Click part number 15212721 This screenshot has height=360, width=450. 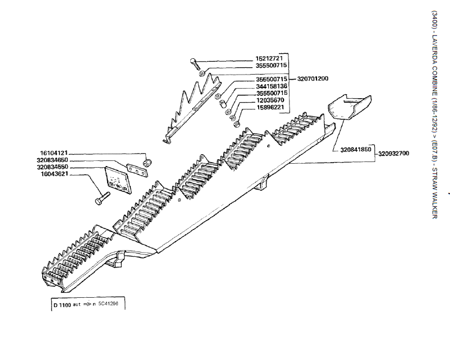click(x=272, y=58)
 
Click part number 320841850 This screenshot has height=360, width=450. click(x=356, y=150)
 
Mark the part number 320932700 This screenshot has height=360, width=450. click(x=393, y=154)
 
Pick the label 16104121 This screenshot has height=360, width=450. click(x=53, y=153)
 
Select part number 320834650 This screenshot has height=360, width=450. click(x=53, y=160)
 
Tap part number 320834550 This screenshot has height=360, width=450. click(x=53, y=167)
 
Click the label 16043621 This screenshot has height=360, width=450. click(x=53, y=174)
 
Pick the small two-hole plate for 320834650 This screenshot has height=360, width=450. click(x=134, y=168)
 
